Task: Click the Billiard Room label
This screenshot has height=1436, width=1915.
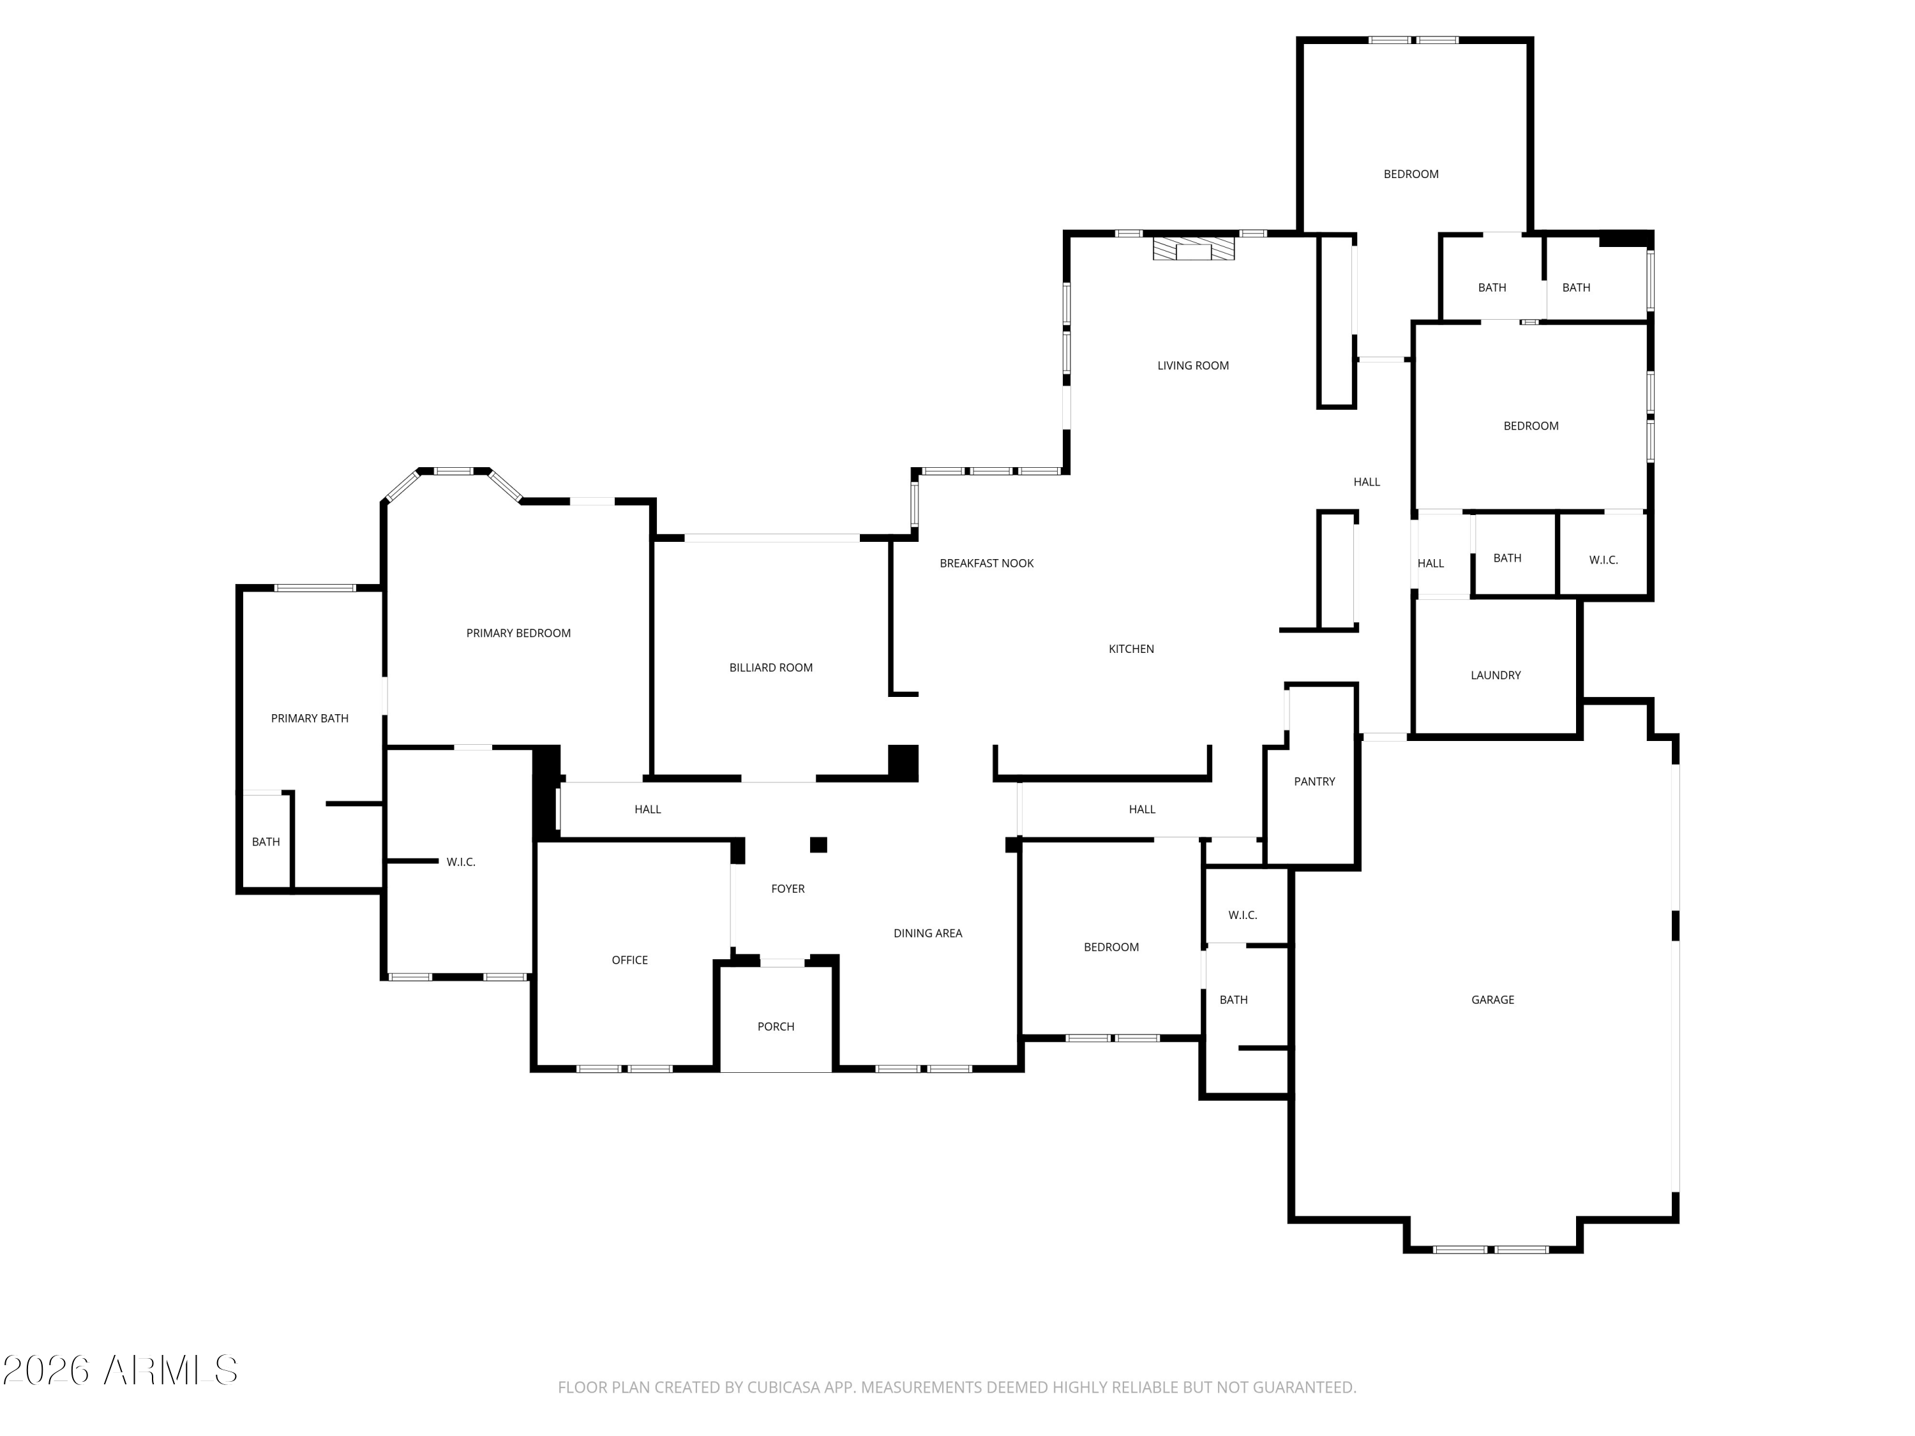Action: [x=770, y=668]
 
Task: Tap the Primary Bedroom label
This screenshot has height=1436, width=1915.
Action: [x=518, y=632]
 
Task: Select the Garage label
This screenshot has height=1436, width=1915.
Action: [x=1492, y=999]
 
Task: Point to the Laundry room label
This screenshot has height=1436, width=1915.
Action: [x=1495, y=675]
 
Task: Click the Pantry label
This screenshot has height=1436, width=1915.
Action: [x=1314, y=782]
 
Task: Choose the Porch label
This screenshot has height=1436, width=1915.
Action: [x=776, y=1026]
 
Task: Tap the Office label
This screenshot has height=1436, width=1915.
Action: [x=629, y=960]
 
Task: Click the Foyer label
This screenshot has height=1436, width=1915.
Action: [x=788, y=889]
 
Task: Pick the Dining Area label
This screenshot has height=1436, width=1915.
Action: [x=928, y=933]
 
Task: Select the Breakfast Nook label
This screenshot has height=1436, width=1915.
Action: [x=987, y=564]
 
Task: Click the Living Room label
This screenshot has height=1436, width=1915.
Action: [x=1193, y=365]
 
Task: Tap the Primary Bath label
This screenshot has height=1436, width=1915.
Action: [x=310, y=719]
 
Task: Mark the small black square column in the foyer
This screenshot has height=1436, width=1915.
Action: [x=818, y=845]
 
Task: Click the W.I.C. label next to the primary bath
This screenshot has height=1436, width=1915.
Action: [x=461, y=862]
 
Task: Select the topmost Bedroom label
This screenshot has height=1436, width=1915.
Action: [x=1411, y=174]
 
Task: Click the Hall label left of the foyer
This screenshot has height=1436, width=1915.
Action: [x=647, y=809]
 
